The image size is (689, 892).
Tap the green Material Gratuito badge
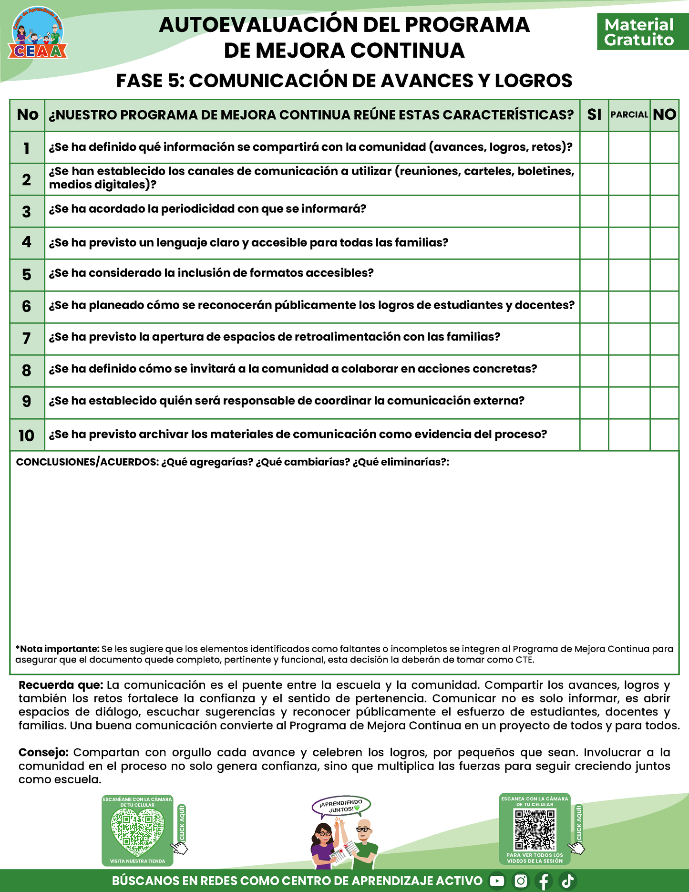click(639, 32)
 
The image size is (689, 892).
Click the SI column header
click(594, 115)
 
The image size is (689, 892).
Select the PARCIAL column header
click(629, 115)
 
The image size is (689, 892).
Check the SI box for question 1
click(594, 147)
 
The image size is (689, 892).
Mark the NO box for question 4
click(664, 243)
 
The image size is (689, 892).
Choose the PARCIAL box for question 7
click(629, 339)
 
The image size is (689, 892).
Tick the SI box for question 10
click(594, 435)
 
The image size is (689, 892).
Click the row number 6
click(27, 306)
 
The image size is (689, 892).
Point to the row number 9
click(27, 401)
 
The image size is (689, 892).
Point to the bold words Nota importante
click(59, 649)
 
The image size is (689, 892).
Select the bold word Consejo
click(43, 752)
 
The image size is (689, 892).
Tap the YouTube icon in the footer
click(497, 881)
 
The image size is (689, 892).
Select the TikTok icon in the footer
click(567, 881)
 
